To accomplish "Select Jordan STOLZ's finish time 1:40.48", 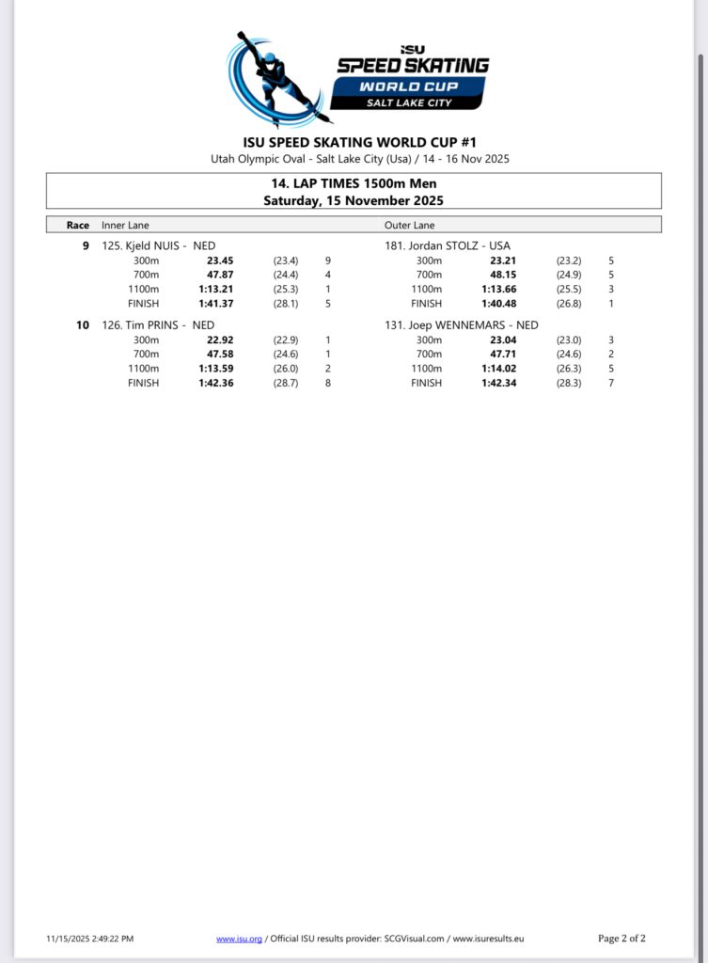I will [x=498, y=304].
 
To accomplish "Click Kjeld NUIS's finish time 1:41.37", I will [x=215, y=304].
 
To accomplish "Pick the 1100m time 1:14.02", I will [x=498, y=369].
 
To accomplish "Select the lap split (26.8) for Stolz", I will [x=569, y=304].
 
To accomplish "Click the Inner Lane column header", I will [x=125, y=225].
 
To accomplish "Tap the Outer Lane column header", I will [x=409, y=225].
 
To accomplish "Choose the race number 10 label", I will [x=83, y=325].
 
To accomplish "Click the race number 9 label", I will [x=86, y=245].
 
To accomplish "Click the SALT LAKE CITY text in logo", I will [x=413, y=102].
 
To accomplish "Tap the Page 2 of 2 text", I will [x=621, y=939].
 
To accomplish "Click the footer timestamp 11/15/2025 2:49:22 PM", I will [x=89, y=939].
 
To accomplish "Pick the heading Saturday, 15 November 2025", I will [x=354, y=200].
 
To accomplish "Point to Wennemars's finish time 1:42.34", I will [x=498, y=383].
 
